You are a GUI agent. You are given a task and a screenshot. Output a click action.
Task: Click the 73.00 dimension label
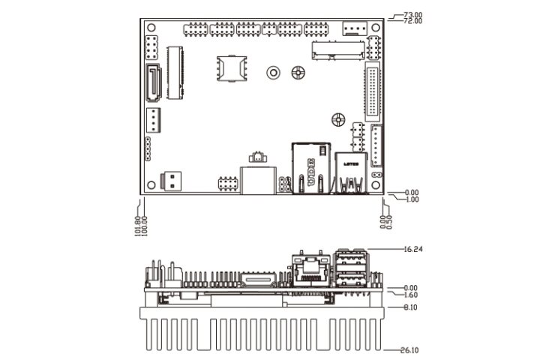point(412,14)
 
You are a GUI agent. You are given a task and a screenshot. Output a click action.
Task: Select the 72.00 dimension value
point(412,21)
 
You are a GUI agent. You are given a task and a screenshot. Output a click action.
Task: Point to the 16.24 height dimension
point(414,248)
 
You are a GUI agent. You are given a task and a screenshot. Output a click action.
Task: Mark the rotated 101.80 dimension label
point(137,226)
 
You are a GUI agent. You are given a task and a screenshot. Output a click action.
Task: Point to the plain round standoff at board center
point(274,73)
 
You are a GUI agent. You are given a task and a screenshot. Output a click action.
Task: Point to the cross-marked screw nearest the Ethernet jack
point(337,119)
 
